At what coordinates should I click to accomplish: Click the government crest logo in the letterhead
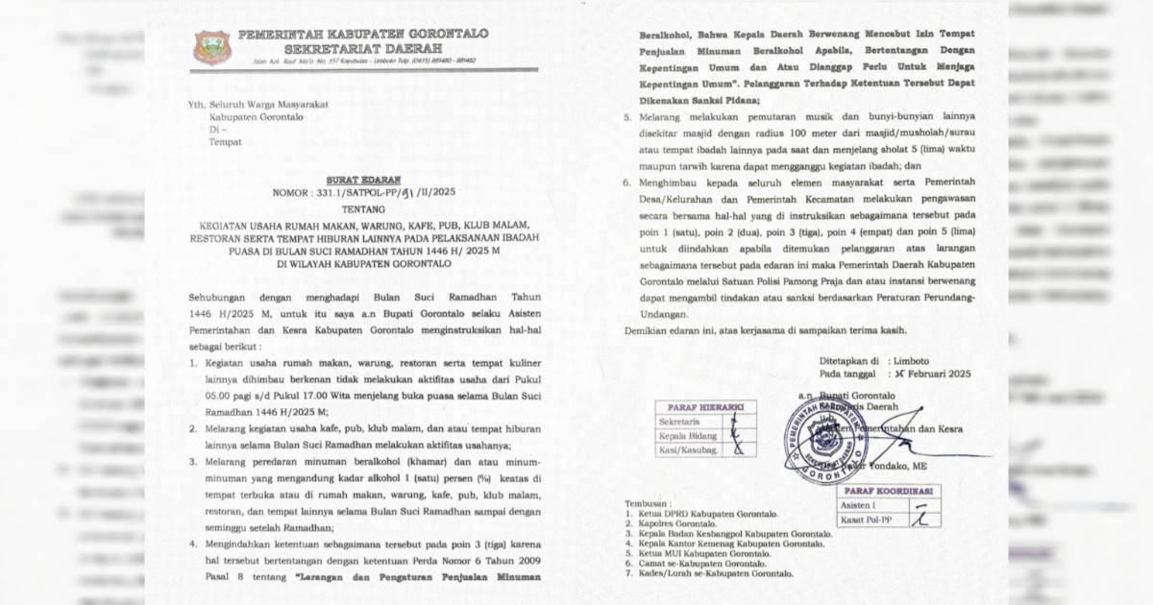(x=211, y=47)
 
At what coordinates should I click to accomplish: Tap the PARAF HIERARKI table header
(x=705, y=407)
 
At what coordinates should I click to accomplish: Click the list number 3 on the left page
(x=193, y=462)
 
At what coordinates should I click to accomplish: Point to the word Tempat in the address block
(x=226, y=142)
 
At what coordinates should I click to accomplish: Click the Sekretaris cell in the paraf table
(x=680, y=422)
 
